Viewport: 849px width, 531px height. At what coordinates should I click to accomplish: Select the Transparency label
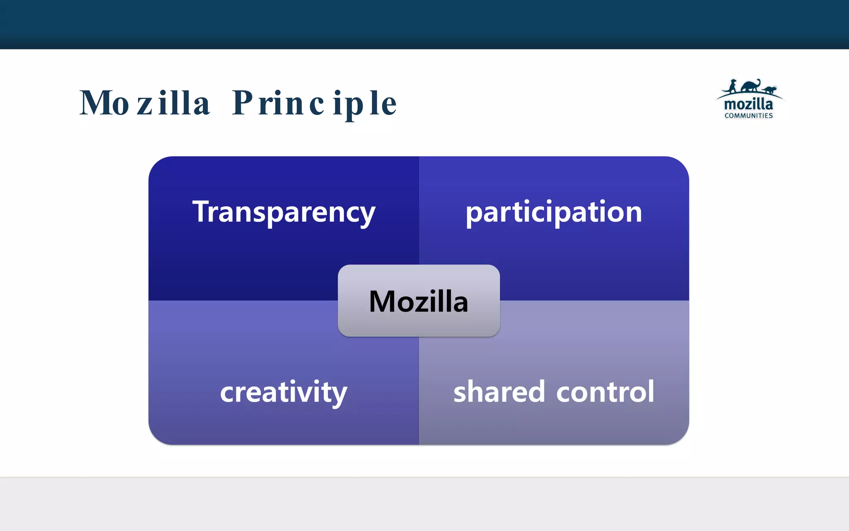(x=284, y=212)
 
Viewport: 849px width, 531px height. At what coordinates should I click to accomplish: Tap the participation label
(x=554, y=212)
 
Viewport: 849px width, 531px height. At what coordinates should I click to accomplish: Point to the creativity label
(x=284, y=392)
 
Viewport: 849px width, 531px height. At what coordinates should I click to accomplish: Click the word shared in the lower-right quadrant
(x=499, y=392)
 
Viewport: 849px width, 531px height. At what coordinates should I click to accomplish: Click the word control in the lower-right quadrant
(x=605, y=392)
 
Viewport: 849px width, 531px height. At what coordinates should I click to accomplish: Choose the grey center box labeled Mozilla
(x=419, y=319)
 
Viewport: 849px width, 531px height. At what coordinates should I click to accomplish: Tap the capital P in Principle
(x=243, y=102)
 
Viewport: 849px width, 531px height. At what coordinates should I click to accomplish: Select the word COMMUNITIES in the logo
(x=749, y=116)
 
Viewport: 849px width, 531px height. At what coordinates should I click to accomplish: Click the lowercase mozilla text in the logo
(x=749, y=104)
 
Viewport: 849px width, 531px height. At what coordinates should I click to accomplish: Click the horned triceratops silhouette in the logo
(x=769, y=89)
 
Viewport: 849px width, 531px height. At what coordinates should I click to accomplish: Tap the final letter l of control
(x=651, y=391)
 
